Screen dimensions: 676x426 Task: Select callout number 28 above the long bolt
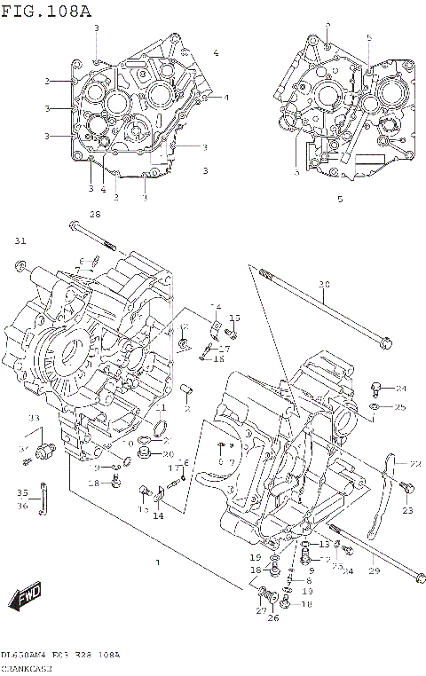click(x=95, y=215)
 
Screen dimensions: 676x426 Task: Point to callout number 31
click(x=20, y=240)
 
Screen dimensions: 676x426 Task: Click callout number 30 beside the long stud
click(x=324, y=285)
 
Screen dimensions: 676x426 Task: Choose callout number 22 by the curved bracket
click(x=414, y=463)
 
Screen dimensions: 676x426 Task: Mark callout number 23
click(x=407, y=510)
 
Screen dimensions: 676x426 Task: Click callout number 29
click(x=374, y=571)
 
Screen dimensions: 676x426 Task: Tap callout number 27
click(x=262, y=610)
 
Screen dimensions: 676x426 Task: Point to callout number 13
click(x=325, y=544)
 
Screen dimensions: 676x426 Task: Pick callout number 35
click(x=22, y=492)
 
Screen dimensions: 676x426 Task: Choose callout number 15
click(x=235, y=318)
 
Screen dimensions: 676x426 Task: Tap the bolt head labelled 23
click(x=406, y=486)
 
